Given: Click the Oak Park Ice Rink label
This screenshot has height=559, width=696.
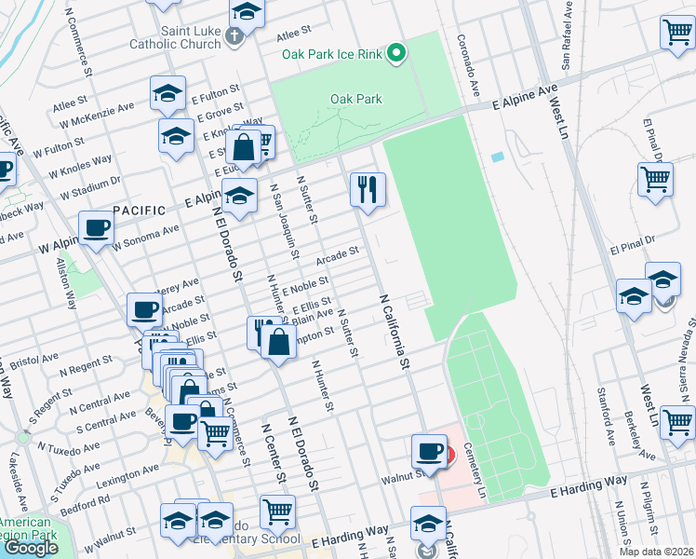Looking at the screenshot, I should click(333, 54).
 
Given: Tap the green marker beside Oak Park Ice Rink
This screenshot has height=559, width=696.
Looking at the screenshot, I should click(397, 53).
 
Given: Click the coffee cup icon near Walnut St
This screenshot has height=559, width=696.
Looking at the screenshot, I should click(429, 451).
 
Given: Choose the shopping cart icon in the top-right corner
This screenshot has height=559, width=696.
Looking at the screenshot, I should click(676, 33).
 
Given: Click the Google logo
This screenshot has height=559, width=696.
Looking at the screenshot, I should click(31, 548).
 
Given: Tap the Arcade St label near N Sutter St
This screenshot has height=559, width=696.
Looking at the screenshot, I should click(337, 253).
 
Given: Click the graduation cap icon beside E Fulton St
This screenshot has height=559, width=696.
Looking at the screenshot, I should click(167, 92).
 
